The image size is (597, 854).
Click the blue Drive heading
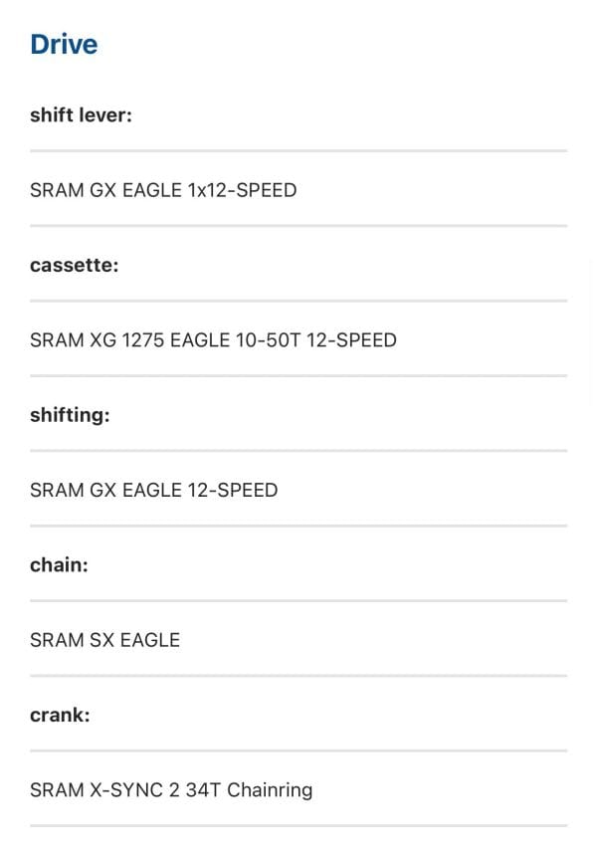point(64,44)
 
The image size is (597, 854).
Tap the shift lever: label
point(81,114)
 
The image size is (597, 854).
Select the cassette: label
point(74,265)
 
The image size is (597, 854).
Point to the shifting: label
point(70,415)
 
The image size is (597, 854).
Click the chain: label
point(59,564)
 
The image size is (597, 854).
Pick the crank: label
point(60,715)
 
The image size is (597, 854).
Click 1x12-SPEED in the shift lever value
point(242,190)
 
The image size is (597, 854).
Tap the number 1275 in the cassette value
point(143,339)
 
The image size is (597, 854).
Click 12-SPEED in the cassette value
point(351,339)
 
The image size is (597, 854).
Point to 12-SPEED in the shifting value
point(233,490)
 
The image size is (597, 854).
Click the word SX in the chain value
point(101,639)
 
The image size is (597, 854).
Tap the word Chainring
point(270,790)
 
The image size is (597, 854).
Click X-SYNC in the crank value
point(126,789)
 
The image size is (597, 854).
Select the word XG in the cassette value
point(102,339)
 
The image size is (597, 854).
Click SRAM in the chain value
point(57,639)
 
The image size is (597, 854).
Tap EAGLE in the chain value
point(149,639)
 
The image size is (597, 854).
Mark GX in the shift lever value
point(102,190)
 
